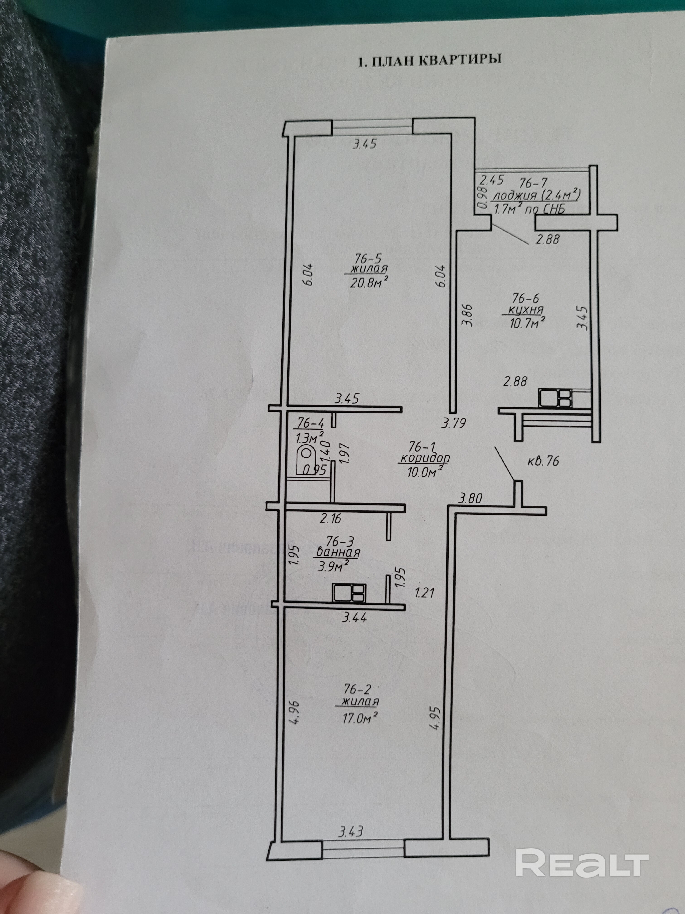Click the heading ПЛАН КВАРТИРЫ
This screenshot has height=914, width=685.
tap(429, 60)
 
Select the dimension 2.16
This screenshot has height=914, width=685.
tap(330, 518)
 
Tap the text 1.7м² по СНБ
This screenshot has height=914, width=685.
tap(528, 209)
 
